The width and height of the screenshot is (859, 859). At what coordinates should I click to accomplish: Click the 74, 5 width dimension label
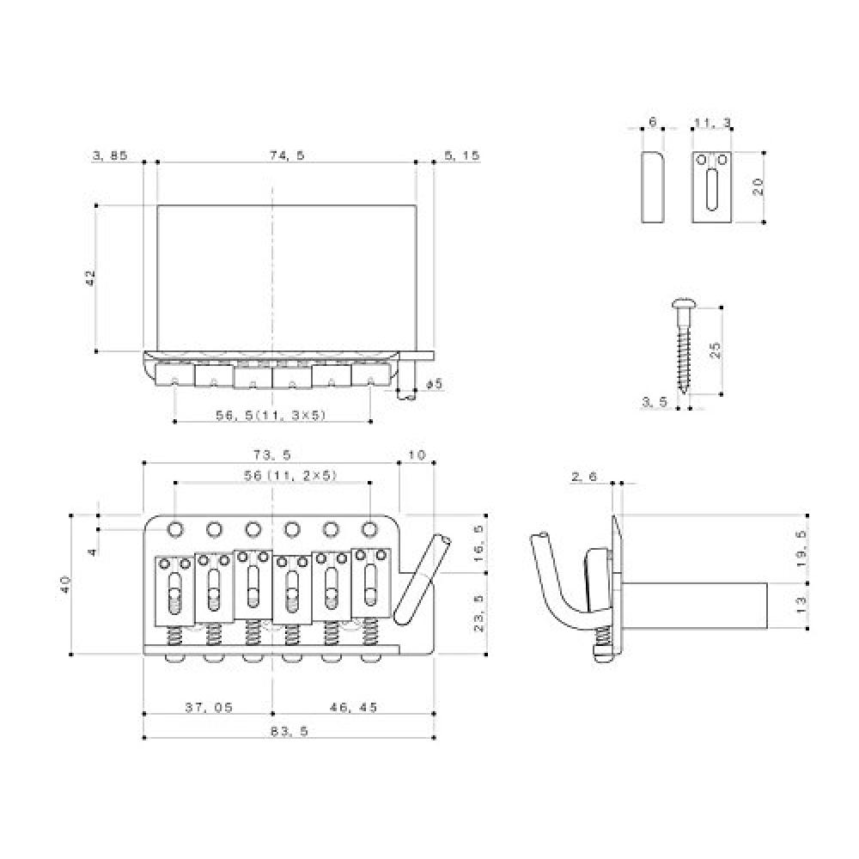coord(287,155)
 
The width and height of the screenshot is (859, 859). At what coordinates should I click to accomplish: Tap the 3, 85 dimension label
coord(110,155)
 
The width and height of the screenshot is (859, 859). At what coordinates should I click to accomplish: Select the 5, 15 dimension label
coord(462,155)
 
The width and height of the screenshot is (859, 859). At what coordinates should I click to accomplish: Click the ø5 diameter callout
coord(433,384)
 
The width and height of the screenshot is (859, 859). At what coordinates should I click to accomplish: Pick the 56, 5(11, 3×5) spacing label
coord(271,415)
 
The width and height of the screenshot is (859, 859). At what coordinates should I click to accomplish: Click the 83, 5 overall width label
coord(289,731)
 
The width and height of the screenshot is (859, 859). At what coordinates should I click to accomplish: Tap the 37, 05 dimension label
coord(209,707)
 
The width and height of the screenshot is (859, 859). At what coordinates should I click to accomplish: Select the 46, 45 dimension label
coord(353,707)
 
